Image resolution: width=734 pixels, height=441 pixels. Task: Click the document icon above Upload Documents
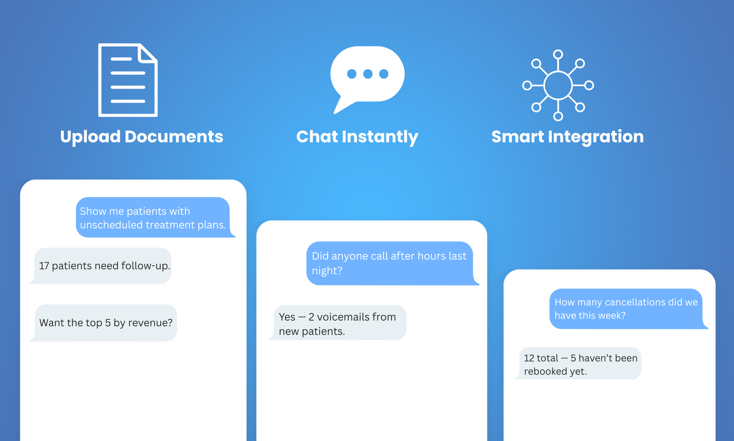point(128,80)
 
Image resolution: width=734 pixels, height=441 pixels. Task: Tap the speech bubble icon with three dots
point(367,76)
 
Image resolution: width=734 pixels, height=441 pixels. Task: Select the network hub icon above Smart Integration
point(558,85)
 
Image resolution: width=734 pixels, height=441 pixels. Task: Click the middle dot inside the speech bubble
point(367,74)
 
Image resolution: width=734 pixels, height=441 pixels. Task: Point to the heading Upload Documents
point(141,137)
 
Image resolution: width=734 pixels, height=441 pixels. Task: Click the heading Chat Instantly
point(357,137)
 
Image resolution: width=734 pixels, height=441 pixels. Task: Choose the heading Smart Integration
point(567,137)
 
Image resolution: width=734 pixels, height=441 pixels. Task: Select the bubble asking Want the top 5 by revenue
point(106,323)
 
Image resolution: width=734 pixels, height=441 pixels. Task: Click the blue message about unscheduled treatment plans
point(153,218)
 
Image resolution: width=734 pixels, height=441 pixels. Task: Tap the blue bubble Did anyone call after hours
point(389,263)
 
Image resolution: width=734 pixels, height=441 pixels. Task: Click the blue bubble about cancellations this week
point(626,308)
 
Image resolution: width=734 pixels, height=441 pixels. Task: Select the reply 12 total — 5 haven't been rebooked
point(580,364)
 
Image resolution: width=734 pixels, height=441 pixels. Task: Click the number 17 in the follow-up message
point(44,266)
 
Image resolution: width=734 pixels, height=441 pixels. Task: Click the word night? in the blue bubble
point(327,271)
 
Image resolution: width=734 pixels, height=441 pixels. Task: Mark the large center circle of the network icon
point(558,85)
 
